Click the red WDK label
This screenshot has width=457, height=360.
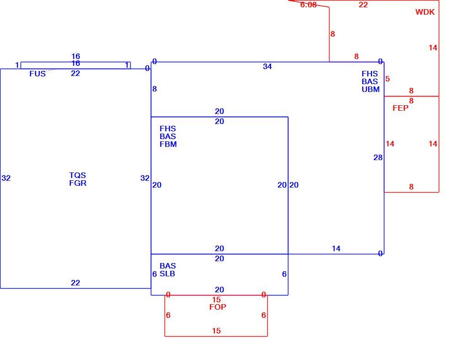[425, 12]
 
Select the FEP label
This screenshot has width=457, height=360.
[400, 108]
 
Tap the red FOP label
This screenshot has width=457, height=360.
[218, 307]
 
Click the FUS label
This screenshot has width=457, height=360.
[37, 74]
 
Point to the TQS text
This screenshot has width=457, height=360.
[77, 175]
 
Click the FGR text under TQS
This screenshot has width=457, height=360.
[78, 183]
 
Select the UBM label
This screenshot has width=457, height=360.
[371, 89]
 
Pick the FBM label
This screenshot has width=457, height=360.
[168, 144]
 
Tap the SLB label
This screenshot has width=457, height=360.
[167, 274]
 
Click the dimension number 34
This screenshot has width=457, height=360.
[267, 66]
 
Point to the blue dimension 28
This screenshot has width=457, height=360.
[378, 157]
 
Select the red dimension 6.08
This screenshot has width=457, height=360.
[308, 5]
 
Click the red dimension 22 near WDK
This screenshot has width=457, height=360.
[363, 5]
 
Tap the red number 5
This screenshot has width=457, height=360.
[388, 79]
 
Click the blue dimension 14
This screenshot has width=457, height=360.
[336, 248]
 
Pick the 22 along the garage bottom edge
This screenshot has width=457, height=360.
[75, 283]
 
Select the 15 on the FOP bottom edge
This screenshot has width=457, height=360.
[216, 331]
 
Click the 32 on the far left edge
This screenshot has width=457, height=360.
[6, 178]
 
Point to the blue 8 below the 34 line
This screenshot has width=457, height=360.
[154, 89]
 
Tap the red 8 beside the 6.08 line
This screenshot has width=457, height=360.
[333, 34]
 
